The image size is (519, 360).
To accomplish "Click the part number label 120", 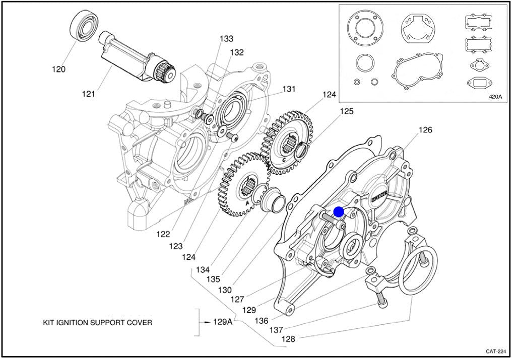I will pyautogui.click(x=58, y=69).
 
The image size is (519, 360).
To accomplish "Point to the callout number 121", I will pyautogui.click(x=89, y=94).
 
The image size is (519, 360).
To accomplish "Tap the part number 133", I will pyautogui.click(x=226, y=39).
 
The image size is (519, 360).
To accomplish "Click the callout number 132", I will pyautogui.click(x=237, y=52).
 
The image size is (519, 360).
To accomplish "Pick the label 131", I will pyautogui.click(x=288, y=89).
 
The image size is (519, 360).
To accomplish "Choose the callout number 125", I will pyautogui.click(x=347, y=111).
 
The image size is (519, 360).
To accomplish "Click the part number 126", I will pyautogui.click(x=426, y=130).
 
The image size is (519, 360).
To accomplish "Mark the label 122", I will pyautogui.click(x=162, y=234).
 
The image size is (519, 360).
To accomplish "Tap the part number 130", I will pyautogui.click(x=225, y=290).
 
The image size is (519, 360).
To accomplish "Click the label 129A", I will pyautogui.click(x=222, y=322).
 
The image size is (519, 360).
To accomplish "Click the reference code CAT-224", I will pyautogui.click(x=496, y=351).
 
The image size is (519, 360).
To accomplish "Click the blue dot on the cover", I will pyautogui.click(x=339, y=212).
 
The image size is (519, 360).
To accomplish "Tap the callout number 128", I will pyautogui.click(x=288, y=339).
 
